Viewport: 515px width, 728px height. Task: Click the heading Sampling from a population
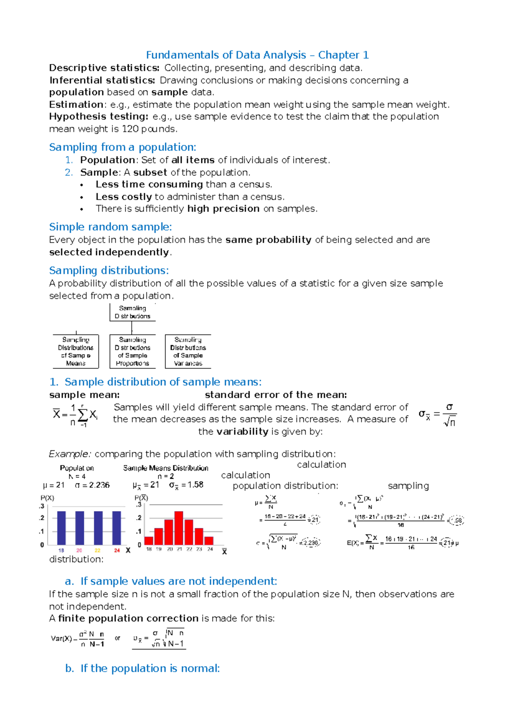coord(122,147)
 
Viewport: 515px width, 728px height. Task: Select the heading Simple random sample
coord(110,227)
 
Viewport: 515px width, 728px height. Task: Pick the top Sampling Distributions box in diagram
coord(133,312)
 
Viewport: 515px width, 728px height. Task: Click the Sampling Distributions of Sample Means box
coord(76,352)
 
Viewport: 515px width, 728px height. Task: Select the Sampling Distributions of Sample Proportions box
coord(133,352)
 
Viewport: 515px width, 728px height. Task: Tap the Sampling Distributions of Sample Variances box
coord(188,352)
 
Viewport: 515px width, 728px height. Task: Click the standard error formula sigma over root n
coord(438,415)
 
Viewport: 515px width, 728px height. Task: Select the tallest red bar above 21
coord(179,528)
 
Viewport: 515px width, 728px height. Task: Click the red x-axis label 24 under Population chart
coord(117,550)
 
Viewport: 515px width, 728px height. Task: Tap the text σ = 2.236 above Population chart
coord(92,485)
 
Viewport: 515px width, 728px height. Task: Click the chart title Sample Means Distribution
coord(166,468)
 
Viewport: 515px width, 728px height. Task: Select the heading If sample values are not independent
coord(171,581)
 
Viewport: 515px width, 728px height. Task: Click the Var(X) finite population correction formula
coord(78,639)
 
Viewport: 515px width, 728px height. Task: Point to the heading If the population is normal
coord(142,668)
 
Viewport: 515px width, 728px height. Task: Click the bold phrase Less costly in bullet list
coord(124,197)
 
